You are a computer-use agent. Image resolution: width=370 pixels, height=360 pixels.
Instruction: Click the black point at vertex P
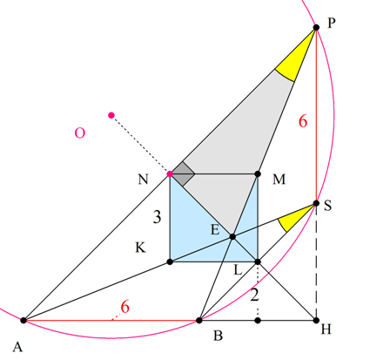(x=316, y=28)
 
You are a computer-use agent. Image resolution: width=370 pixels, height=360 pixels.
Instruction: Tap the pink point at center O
(x=111, y=115)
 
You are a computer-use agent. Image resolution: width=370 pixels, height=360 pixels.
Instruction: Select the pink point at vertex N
(x=170, y=174)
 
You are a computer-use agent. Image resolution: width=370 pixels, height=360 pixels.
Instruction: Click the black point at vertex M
(x=258, y=174)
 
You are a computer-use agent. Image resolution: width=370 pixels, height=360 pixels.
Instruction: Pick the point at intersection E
(x=232, y=237)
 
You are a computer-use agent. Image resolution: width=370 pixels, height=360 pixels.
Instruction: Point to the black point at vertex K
(x=170, y=262)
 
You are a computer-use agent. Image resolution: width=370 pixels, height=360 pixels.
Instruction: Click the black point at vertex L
(x=258, y=262)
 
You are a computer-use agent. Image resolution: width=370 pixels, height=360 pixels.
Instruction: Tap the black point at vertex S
(x=316, y=203)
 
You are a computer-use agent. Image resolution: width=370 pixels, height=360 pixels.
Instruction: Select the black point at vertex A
(x=24, y=321)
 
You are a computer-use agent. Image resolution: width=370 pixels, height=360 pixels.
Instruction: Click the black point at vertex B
(x=199, y=321)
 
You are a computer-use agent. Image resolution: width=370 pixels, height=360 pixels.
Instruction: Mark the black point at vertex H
(x=316, y=321)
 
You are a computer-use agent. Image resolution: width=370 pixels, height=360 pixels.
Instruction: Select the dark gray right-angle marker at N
(x=181, y=174)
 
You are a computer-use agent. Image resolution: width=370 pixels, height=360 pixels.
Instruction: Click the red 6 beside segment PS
(x=303, y=121)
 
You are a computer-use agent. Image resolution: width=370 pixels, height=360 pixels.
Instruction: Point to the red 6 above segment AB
(x=124, y=307)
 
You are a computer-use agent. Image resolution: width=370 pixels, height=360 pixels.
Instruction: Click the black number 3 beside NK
(x=157, y=216)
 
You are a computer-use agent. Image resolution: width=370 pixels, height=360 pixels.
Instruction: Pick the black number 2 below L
(x=254, y=295)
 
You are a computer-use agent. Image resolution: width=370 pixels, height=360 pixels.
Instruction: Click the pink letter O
(x=80, y=132)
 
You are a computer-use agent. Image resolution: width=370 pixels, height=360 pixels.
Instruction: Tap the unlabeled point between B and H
(x=258, y=321)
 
